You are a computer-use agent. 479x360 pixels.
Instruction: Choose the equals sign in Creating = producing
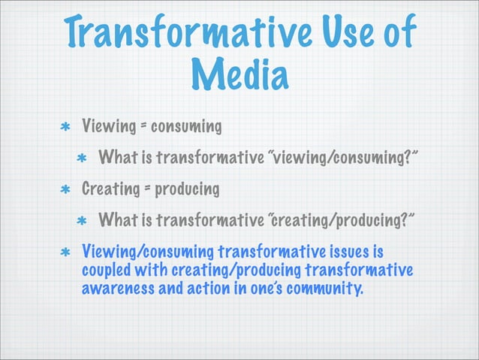pyautogui.click(x=146, y=189)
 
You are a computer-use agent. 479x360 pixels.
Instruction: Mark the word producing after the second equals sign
pyautogui.click(x=187, y=189)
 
